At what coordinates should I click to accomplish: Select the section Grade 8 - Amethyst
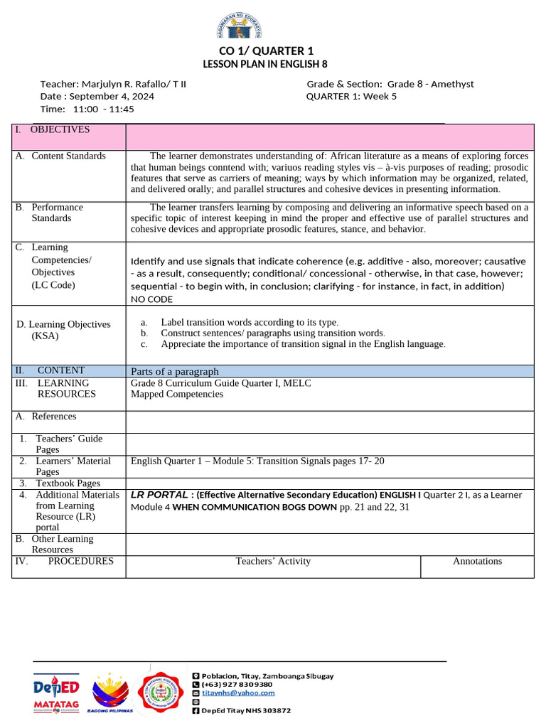pyautogui.click(x=430, y=84)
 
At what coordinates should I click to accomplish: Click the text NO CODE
pyautogui.click(x=151, y=299)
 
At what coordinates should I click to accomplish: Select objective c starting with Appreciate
pyautogui.click(x=303, y=344)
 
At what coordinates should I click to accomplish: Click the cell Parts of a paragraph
pyautogui.click(x=175, y=371)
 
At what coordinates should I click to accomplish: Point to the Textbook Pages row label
pyautogui.click(x=68, y=483)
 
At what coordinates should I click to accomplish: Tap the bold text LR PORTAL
pyautogui.click(x=159, y=495)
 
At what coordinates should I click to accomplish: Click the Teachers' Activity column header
pyautogui.click(x=273, y=562)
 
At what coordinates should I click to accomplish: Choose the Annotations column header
pyautogui.click(x=477, y=562)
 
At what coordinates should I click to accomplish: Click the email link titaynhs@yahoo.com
pyautogui.click(x=237, y=692)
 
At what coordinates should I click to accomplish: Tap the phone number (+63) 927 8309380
pyautogui.click(x=236, y=684)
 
